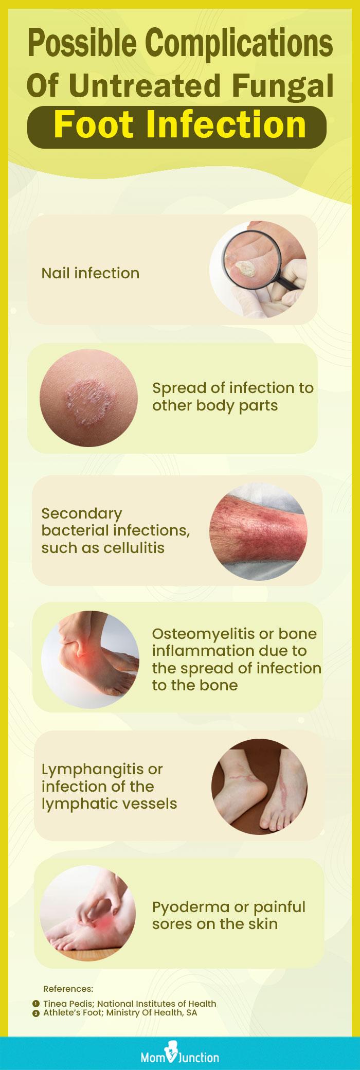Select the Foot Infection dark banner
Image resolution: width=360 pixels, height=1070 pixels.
pyautogui.click(x=180, y=125)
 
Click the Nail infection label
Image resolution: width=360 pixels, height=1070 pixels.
pyautogui.click(x=90, y=273)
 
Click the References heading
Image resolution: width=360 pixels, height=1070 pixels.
pyautogui.click(x=68, y=988)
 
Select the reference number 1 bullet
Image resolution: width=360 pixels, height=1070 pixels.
pyautogui.click(x=35, y=1003)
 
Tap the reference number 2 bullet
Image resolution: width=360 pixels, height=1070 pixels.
pyautogui.click(x=35, y=1012)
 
